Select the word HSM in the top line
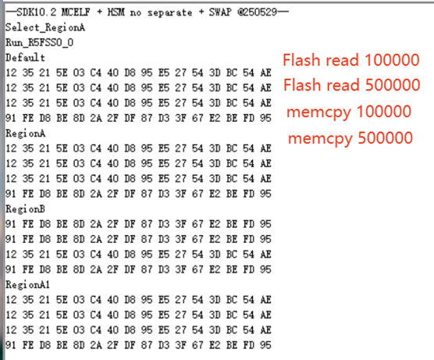(x=116, y=12)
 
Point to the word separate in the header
(x=169, y=12)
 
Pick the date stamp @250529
(x=257, y=12)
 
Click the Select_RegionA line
(x=45, y=27)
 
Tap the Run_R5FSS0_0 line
(x=40, y=43)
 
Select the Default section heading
(x=25, y=58)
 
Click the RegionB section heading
(x=25, y=209)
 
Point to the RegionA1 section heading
(x=27, y=284)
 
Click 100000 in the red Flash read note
(x=392, y=60)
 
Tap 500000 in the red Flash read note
(x=393, y=85)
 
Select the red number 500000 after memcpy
(x=386, y=137)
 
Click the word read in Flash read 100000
(x=342, y=60)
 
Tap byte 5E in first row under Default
(x=62, y=73)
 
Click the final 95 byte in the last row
(x=265, y=345)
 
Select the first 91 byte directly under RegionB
(x=11, y=224)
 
